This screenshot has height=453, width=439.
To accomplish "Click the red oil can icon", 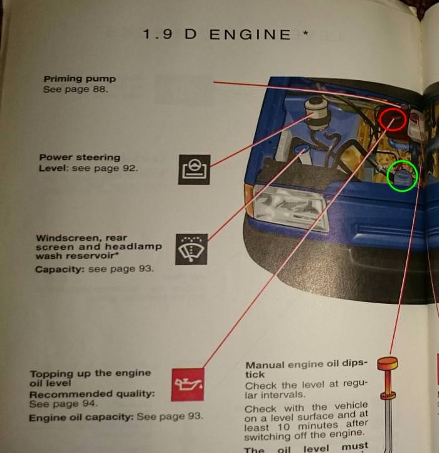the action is [x=188, y=384].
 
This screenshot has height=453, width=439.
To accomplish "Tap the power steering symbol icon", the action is [x=194, y=169].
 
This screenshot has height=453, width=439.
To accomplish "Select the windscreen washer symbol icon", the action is [x=191, y=249].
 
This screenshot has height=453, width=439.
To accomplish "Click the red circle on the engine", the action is [x=393, y=120].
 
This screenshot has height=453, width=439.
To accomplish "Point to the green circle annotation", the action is [x=402, y=176].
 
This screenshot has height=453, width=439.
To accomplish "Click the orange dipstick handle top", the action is [x=388, y=363].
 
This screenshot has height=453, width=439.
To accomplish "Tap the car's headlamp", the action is [x=290, y=208].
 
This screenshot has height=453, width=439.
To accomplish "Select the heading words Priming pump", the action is [x=80, y=79].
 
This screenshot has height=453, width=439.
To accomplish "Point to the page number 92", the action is [x=129, y=168].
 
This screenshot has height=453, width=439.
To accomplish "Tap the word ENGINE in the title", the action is [x=250, y=34].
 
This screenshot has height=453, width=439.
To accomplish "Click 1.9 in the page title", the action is [x=157, y=34].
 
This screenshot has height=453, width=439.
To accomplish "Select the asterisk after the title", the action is [x=305, y=33].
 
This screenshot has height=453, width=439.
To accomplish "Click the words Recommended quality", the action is [x=92, y=394].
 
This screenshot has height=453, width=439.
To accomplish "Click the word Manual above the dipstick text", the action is [x=265, y=365].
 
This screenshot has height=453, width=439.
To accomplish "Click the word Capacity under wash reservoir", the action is [x=60, y=269].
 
